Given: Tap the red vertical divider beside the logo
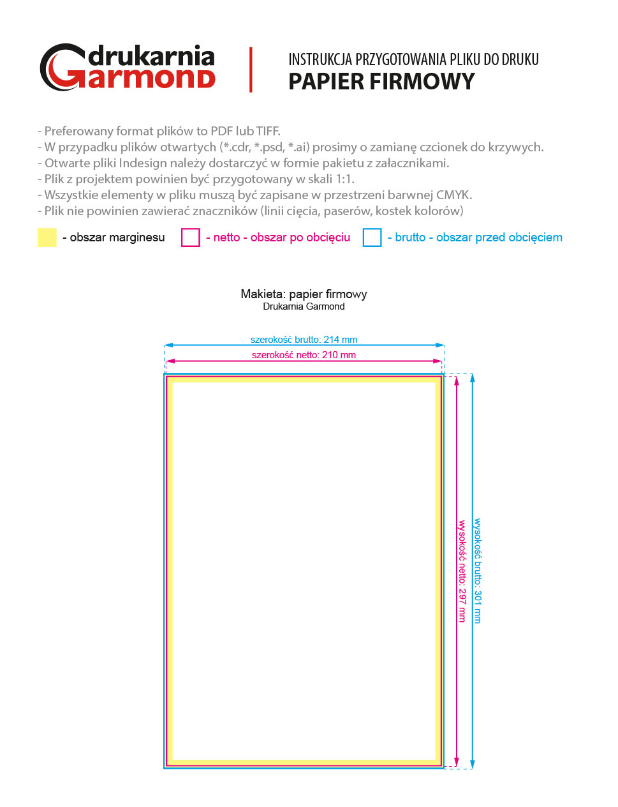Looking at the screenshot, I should coord(251,70).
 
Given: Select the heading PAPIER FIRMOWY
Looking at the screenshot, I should coord(381,82).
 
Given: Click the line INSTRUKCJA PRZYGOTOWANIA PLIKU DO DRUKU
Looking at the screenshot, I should coord(413,59).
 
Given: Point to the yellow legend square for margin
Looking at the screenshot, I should coord(47,238).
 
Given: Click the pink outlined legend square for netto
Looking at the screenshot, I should coord(191,238).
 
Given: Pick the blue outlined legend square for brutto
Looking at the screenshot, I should coord(372,238).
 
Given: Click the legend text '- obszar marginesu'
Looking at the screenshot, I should coord(114,238).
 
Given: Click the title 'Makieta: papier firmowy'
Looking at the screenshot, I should coord(304,294).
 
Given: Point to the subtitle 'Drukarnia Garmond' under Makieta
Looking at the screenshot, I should coord(304,306).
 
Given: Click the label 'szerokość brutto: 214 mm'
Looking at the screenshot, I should coord(304,340).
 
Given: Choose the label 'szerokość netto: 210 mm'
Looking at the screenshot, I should coord(304,355).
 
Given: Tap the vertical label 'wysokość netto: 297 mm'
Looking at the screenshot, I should coord(462,571).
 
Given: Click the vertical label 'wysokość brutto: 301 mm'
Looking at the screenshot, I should coord(478,571).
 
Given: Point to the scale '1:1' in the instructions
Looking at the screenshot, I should coord(344,179).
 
